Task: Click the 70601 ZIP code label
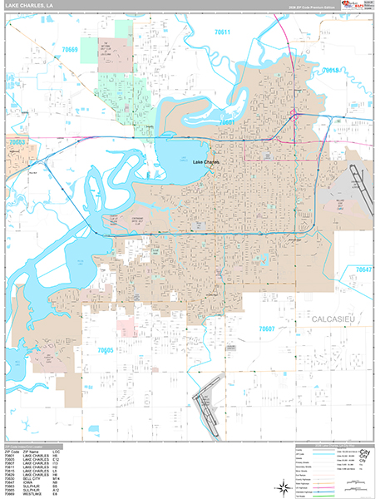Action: [228, 122]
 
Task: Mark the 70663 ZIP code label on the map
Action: [17, 142]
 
